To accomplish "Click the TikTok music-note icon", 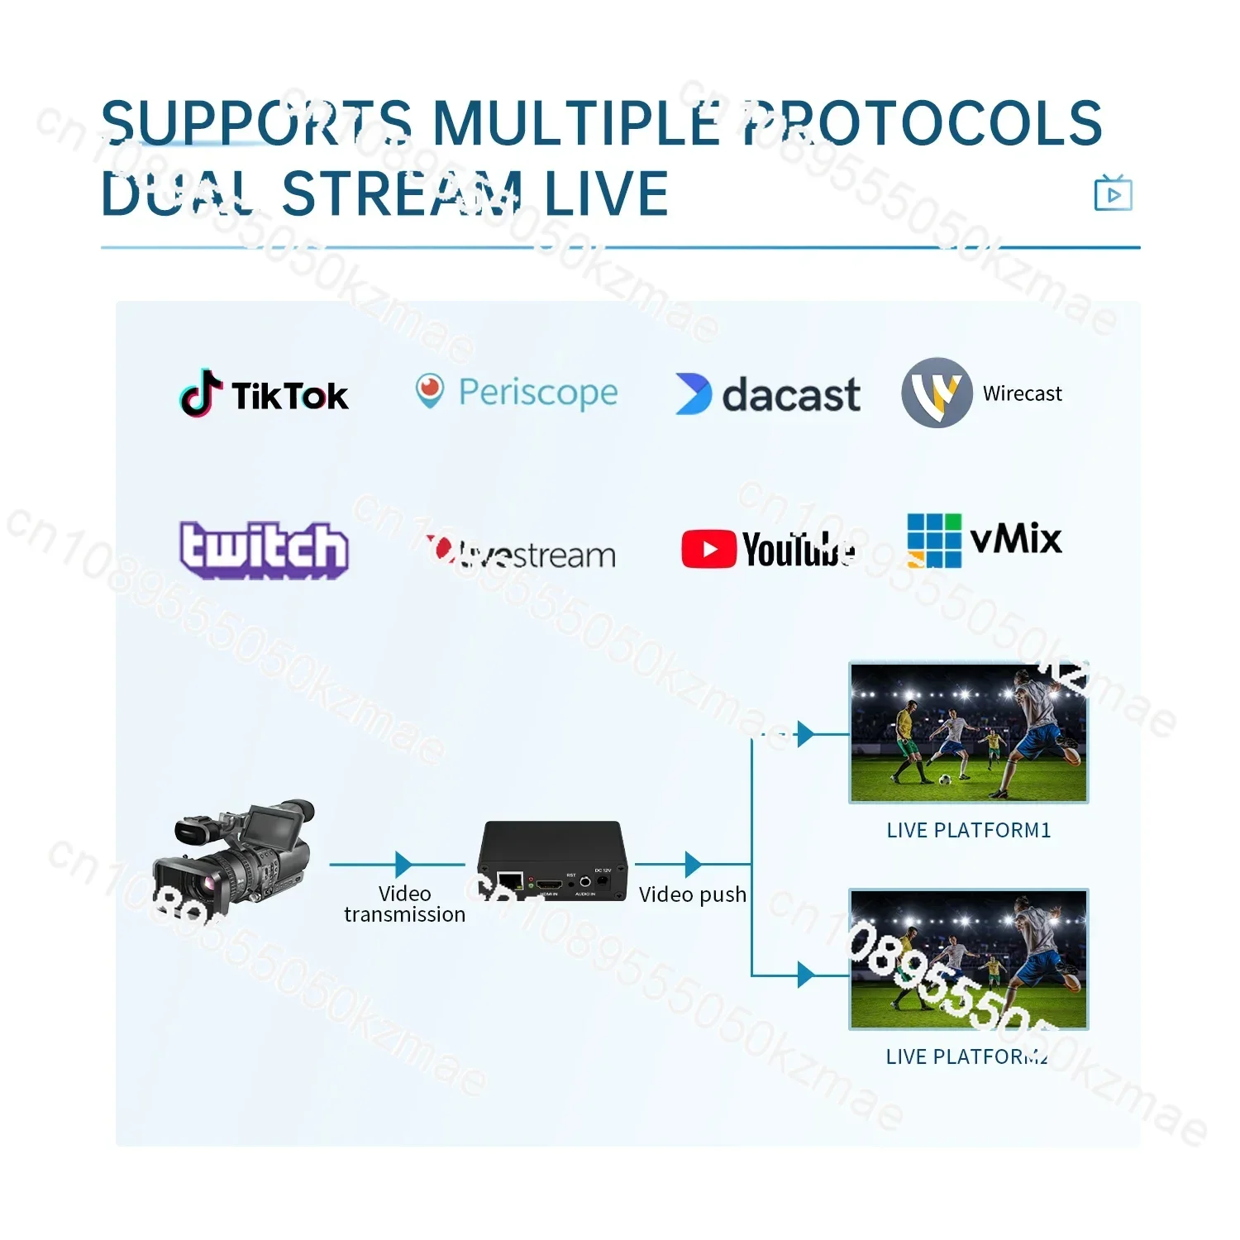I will tap(201, 393).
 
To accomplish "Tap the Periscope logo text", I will tap(537, 393).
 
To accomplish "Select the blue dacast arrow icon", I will tap(693, 393).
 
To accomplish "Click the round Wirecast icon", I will tap(937, 393).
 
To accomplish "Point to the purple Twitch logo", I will tap(264, 549).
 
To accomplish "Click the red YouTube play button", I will tap(708, 550).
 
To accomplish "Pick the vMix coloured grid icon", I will tap(934, 541).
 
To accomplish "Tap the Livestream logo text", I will tap(537, 555).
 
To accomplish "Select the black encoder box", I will tap(551, 861).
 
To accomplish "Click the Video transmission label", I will tap(404, 904).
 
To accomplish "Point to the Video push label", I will tap(692, 894).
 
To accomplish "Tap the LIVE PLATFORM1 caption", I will tap(968, 830).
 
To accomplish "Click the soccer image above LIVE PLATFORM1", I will tap(968, 732).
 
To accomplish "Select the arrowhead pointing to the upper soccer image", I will tap(805, 733).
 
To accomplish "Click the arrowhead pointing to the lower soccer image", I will tap(805, 975).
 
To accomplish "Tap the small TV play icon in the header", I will tap(1113, 193).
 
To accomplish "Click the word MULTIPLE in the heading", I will tap(576, 122).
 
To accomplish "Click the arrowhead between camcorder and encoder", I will tap(403, 865).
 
